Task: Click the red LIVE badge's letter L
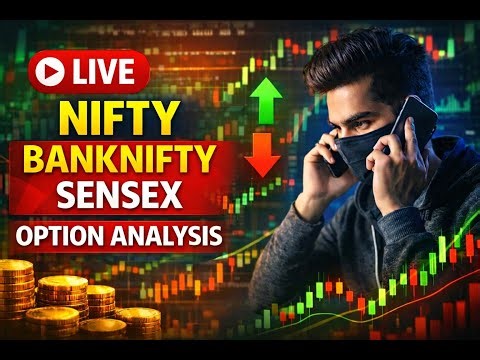(80, 71)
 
